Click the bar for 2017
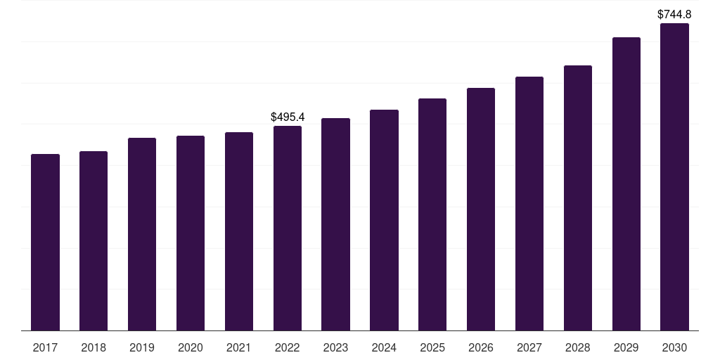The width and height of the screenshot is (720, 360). [x=45, y=242]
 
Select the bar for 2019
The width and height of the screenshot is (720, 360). [x=142, y=234]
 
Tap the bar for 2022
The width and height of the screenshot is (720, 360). [x=288, y=228]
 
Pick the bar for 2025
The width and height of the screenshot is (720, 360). [x=432, y=214]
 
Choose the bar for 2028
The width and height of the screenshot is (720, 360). [x=578, y=198]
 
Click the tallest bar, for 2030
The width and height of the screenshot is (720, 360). [x=674, y=176]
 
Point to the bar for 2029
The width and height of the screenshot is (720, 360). [x=626, y=184]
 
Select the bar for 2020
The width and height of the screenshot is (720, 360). [x=191, y=233]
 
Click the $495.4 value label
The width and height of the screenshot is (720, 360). [x=288, y=117]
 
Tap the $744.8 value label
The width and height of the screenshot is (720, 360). [x=674, y=14]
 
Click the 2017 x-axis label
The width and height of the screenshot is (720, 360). [x=45, y=347]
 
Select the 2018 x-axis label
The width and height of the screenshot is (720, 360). [x=94, y=347]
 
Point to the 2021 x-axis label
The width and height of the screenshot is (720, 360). [x=239, y=347]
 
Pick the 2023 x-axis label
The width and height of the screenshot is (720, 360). [x=335, y=347]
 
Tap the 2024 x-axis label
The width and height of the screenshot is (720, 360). [x=384, y=347]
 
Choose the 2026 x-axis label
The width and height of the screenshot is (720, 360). [x=481, y=347]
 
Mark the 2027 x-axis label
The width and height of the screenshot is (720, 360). [x=529, y=347]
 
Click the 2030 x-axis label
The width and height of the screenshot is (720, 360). [x=674, y=347]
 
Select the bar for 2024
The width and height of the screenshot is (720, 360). [x=384, y=220]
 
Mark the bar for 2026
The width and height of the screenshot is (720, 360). [x=481, y=209]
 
